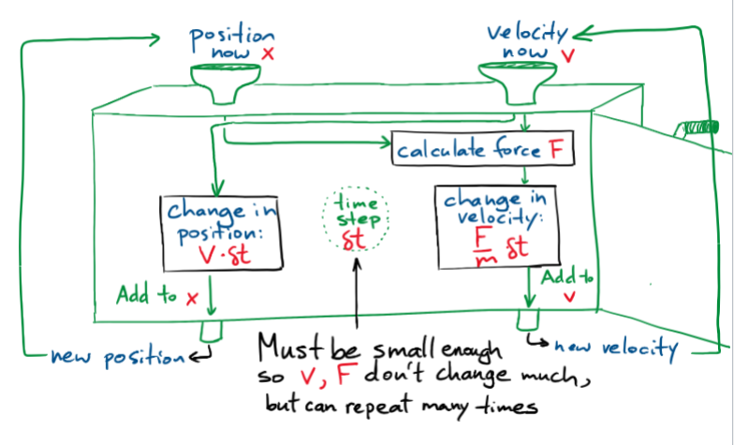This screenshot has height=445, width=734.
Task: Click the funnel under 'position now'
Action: coord(227,79)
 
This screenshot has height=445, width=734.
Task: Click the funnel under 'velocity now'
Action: coord(518,79)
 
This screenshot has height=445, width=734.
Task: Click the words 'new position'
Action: coord(117,356)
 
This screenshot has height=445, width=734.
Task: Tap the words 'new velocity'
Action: coord(614,348)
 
